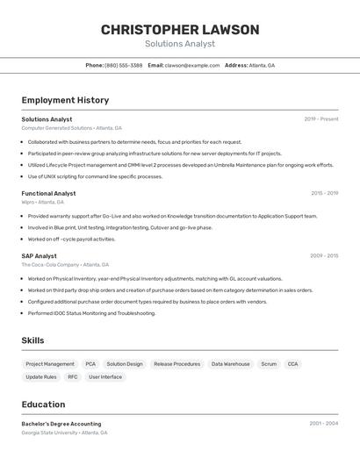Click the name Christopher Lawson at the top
tap(180, 30)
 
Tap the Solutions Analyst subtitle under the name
tap(180, 44)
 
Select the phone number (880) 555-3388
tap(123, 65)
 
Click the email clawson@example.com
tap(192, 65)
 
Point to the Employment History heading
tap(65, 100)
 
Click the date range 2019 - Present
tap(321, 119)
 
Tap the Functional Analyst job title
tap(48, 193)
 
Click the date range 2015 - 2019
tap(324, 193)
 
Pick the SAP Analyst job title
tap(39, 256)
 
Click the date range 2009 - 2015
tap(324, 256)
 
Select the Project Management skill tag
tap(50, 364)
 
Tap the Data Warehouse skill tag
tap(230, 364)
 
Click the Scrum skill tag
tap(269, 364)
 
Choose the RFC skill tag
tap(73, 377)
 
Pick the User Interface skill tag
tap(105, 377)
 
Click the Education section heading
tap(43, 404)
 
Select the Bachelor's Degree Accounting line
tap(61, 424)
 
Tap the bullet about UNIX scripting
tap(95, 176)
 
